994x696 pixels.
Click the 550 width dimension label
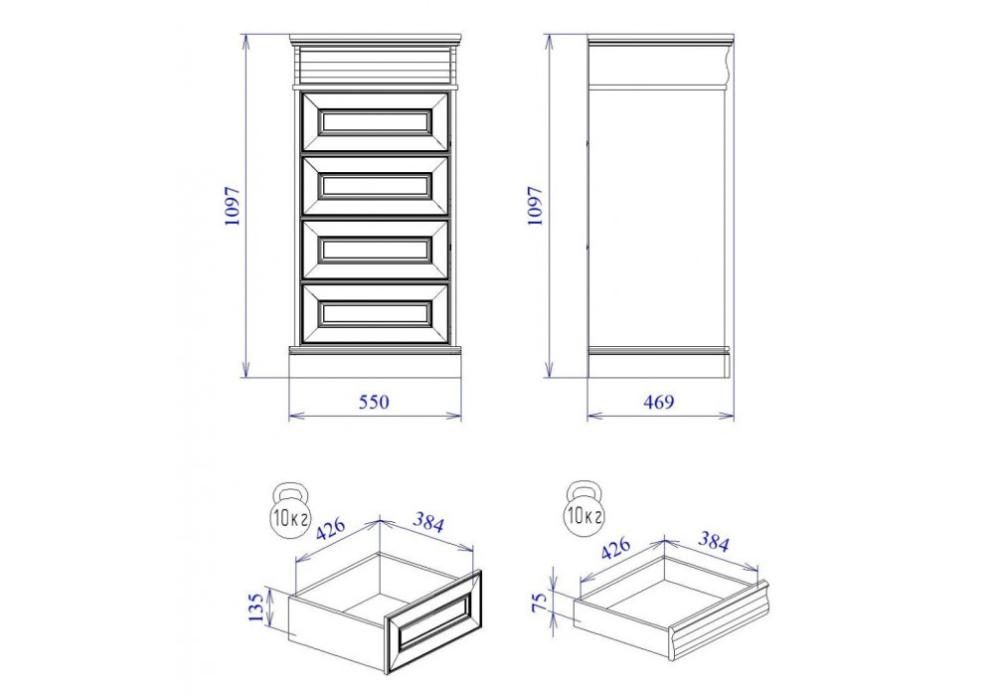[374, 402]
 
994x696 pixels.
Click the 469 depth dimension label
[659, 402]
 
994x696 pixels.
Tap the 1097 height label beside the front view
[233, 206]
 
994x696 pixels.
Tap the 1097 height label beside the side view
[536, 206]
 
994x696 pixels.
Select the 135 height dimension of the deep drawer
[255, 608]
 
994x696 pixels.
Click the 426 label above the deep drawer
[331, 530]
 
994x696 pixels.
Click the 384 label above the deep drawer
[428, 522]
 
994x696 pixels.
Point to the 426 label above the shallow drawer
[615, 548]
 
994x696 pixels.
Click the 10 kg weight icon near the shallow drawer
[584, 510]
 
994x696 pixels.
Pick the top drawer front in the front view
[376, 122]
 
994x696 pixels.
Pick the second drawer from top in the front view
[376, 186]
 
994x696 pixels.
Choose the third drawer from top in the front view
[376, 250]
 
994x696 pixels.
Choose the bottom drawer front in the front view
[376, 314]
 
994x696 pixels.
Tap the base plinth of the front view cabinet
[376, 365]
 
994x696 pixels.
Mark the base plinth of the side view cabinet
[659, 365]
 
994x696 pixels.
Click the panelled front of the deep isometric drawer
[433, 622]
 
